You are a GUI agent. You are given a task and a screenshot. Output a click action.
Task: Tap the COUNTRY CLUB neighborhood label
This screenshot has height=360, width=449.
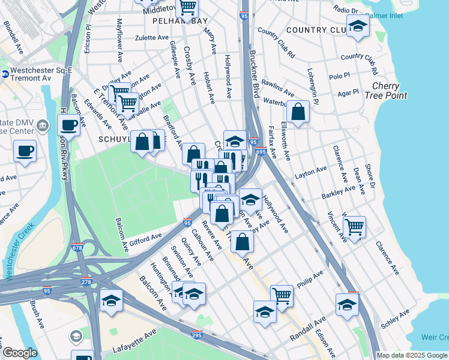[315, 30]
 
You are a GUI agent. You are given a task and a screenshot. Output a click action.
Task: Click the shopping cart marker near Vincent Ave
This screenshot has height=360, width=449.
[355, 227]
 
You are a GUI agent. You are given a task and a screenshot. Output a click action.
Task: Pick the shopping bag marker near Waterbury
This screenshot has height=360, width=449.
[298, 111]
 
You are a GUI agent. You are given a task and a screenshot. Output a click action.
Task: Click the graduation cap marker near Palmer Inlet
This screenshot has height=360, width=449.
[358, 26]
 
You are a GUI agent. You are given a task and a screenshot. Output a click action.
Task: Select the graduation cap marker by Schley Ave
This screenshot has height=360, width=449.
[347, 304]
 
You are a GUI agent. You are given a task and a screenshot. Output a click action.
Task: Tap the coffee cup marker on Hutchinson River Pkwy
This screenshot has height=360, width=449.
[69, 125]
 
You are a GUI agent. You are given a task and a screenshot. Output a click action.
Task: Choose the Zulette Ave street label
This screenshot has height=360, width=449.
[152, 37]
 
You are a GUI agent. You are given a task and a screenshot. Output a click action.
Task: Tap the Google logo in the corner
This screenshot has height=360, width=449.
[19, 353]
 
